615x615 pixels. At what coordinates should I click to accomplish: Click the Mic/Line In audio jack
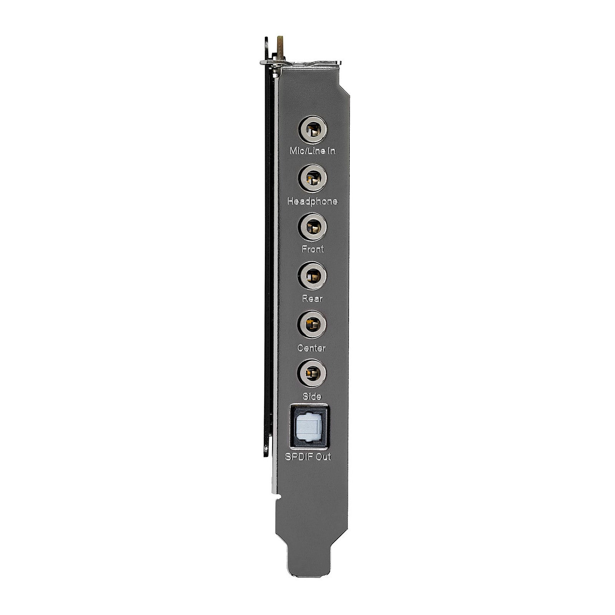312,131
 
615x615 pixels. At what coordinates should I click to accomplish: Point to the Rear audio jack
312,276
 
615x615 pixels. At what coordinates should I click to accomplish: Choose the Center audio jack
312,325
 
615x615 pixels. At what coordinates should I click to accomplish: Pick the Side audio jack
312,373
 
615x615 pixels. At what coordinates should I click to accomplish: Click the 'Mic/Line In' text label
312,151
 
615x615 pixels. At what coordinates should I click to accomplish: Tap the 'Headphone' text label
312,201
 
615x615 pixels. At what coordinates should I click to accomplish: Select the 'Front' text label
312,249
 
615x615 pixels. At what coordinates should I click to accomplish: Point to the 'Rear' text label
312,298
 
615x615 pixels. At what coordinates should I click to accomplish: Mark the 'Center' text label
312,348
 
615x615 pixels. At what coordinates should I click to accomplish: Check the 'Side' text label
312,396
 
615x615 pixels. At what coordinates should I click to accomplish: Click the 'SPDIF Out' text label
308,457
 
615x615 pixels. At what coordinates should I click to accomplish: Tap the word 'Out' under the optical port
323,457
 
